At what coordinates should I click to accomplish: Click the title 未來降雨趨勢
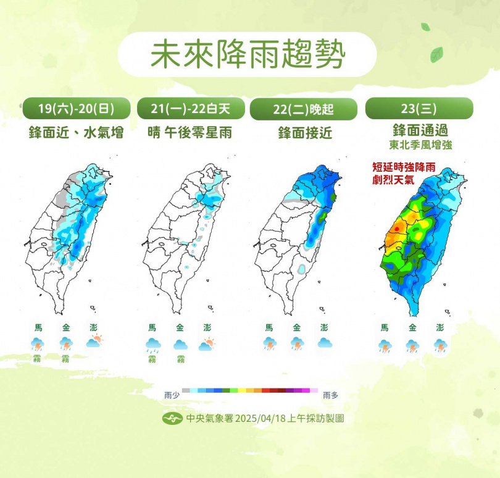tap(248, 55)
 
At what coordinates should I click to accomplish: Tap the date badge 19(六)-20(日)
tap(76, 109)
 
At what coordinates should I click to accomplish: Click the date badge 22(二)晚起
tap(304, 109)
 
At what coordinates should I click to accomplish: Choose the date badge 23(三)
tap(419, 109)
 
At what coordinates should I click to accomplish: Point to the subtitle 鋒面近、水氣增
tap(76, 132)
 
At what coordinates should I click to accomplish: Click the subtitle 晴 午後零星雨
tap(190, 132)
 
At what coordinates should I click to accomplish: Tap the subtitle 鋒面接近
tap(304, 132)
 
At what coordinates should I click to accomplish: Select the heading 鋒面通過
tap(419, 130)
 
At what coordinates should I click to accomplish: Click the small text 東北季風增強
tap(419, 145)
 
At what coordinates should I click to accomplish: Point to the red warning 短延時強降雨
tap(399, 167)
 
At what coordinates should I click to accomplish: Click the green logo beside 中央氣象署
tap(172, 418)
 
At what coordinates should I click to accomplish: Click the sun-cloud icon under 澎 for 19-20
tap(94, 342)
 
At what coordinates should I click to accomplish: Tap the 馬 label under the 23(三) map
tap(385, 328)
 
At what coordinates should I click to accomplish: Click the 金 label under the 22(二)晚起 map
tap(297, 328)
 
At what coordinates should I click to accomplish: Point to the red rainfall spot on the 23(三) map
tap(398, 227)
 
